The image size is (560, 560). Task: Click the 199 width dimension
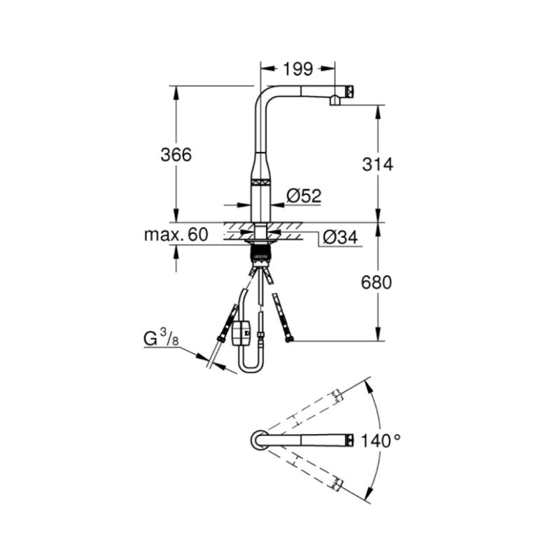(x=298, y=69)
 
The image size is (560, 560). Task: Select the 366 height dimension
(x=176, y=155)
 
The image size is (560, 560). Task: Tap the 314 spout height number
(x=377, y=164)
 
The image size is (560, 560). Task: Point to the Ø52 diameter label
(x=304, y=196)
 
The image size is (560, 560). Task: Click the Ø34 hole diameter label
(x=340, y=237)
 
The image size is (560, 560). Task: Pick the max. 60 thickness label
(x=176, y=234)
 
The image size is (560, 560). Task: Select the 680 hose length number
(x=377, y=283)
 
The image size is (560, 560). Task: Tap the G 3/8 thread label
(x=161, y=337)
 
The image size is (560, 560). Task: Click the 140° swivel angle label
(x=381, y=440)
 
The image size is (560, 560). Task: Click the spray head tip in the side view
(x=349, y=91)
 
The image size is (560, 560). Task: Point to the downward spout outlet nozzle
(x=335, y=101)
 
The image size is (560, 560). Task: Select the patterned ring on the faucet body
(x=261, y=181)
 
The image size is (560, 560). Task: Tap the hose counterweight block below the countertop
(x=241, y=333)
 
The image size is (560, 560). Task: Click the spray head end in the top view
(x=349, y=440)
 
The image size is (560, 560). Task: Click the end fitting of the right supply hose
(x=289, y=339)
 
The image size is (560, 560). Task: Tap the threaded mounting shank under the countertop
(x=261, y=254)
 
